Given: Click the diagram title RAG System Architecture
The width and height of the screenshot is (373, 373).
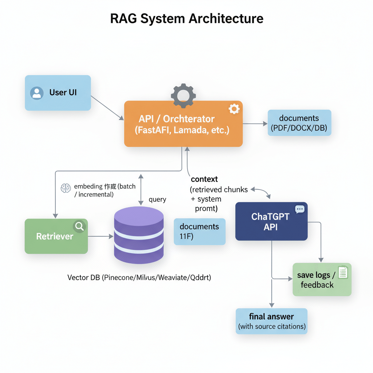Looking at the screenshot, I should point(186,18).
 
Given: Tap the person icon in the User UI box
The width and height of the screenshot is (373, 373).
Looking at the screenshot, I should point(36,93).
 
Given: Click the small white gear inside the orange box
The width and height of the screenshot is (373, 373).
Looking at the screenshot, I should point(233,109).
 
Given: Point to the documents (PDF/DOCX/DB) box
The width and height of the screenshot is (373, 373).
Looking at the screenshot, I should point(299,123).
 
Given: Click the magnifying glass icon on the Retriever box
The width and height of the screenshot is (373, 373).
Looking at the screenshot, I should point(79,227).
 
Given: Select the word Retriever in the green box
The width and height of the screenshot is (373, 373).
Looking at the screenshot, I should point(55,236).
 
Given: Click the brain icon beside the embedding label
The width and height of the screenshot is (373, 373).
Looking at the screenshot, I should point(66,188).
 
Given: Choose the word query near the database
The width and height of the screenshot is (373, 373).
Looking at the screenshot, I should point(157,200).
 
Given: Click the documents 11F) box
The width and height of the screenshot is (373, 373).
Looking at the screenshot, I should point(199,232).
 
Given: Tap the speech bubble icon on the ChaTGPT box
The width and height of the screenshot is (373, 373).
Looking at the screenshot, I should point(300,209).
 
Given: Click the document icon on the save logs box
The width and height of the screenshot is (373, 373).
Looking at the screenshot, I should point(343,272).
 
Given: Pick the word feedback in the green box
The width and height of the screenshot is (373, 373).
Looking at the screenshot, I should point(317,285).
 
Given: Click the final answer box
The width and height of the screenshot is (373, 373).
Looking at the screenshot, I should point(271,321).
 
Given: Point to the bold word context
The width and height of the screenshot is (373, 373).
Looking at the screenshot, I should point(204,179).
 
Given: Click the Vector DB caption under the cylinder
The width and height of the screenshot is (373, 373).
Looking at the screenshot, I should point(139,278).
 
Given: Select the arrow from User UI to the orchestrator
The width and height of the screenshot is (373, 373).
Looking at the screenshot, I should point(107,108).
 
